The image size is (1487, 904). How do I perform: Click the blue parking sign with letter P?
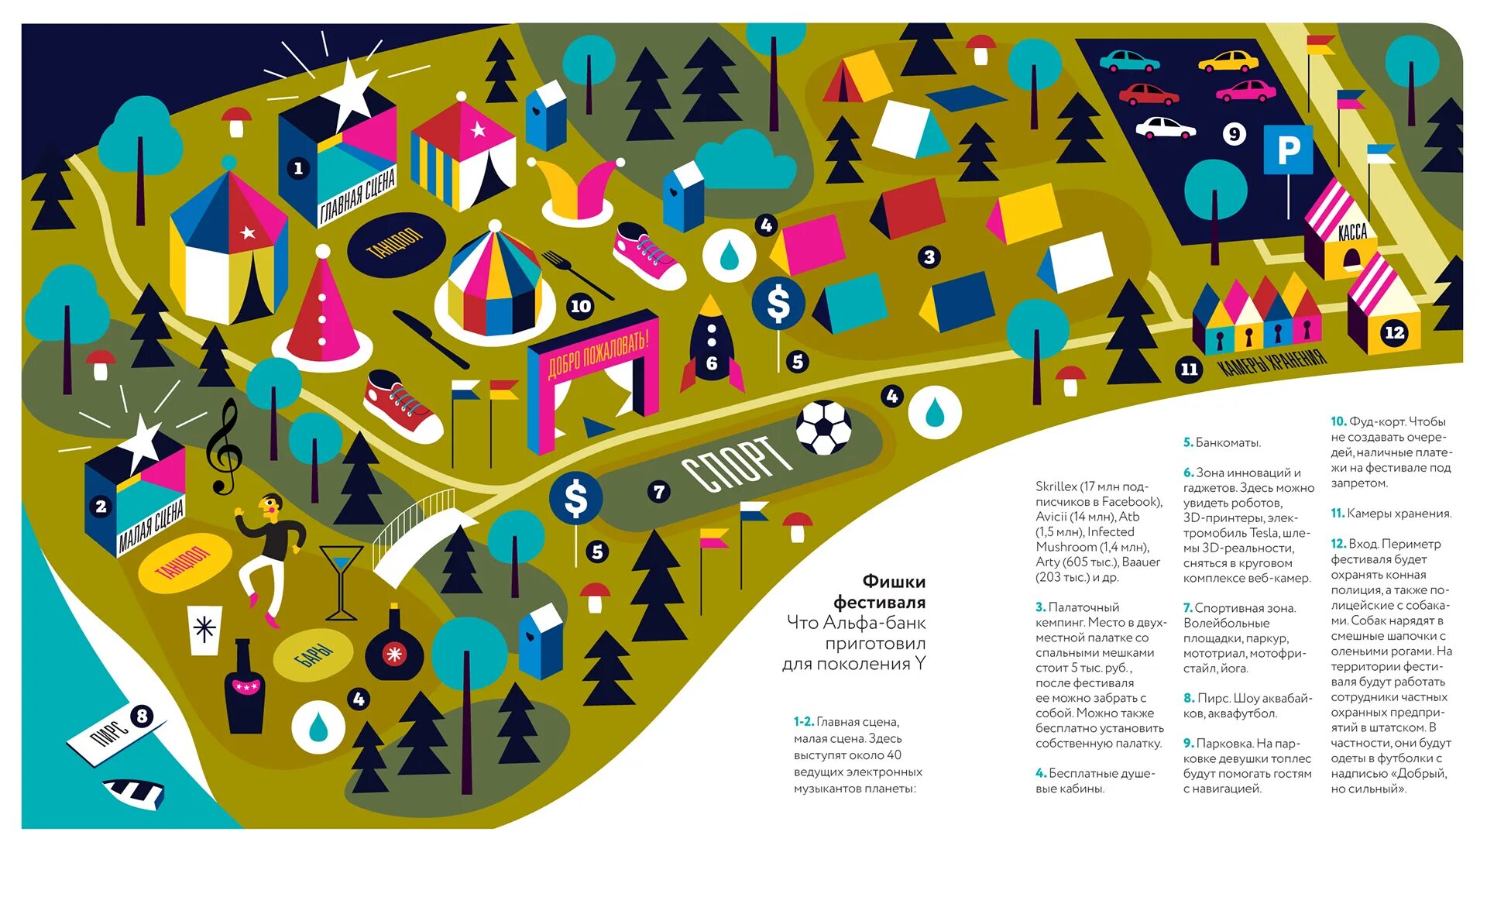point(1288,150)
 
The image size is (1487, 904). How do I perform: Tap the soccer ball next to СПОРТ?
point(824,427)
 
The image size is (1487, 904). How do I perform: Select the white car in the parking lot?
point(1164,129)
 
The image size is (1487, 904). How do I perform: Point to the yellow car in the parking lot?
point(1228,61)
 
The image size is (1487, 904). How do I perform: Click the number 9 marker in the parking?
point(1234,134)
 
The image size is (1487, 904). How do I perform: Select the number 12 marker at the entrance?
point(1394,332)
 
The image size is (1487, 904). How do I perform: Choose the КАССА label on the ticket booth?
point(1352,232)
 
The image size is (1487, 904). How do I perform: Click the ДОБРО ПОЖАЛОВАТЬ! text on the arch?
point(598,352)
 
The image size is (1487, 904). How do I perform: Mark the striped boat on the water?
point(135,792)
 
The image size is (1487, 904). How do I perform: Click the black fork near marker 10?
point(576,274)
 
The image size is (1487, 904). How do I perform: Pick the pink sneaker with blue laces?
point(648,256)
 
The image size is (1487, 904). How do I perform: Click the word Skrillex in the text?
point(1056,486)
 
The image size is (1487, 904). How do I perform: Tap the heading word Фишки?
point(894,581)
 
